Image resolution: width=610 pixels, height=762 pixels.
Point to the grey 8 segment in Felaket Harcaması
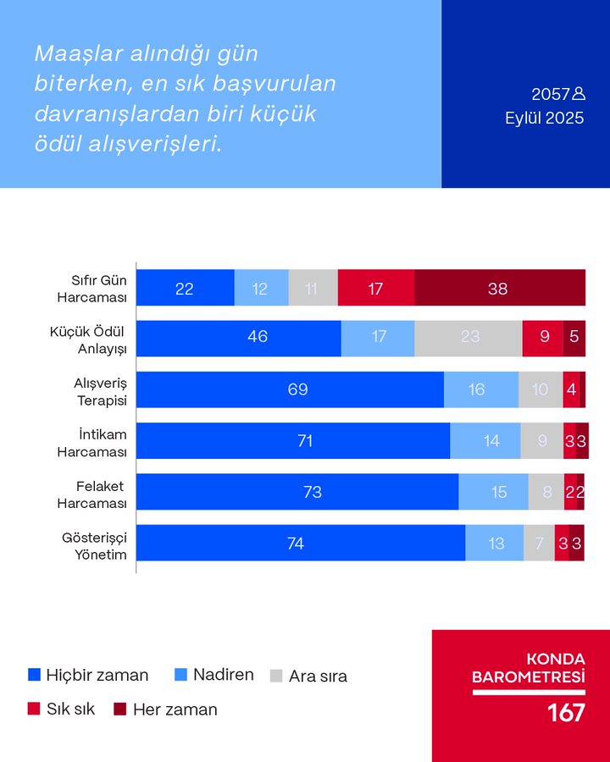[x=546, y=492]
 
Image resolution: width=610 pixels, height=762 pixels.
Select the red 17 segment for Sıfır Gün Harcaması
[x=376, y=288]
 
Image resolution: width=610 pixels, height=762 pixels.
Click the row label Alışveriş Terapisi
[x=100, y=389]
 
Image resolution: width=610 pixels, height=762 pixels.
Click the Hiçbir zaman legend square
[x=35, y=676]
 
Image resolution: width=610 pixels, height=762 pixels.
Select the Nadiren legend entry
[x=214, y=675]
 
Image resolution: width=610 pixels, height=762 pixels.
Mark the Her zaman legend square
[x=120, y=710]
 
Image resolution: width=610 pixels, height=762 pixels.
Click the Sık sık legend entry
[x=61, y=710]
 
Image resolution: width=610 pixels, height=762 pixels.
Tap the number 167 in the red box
[x=566, y=713]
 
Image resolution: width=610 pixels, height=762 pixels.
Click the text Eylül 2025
[x=545, y=119]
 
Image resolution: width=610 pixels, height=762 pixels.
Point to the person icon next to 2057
[x=579, y=93]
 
